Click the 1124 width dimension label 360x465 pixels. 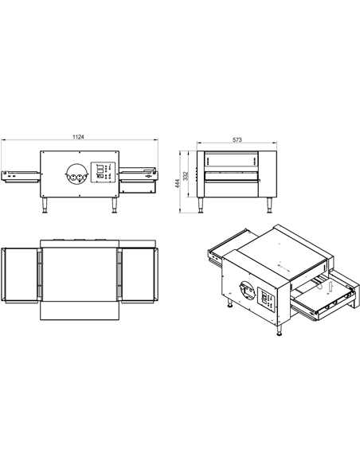click(x=77, y=138)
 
